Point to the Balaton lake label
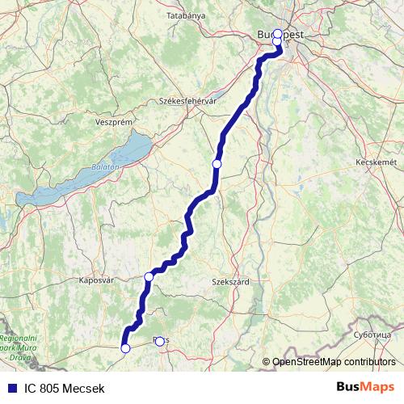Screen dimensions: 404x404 tap(105, 166)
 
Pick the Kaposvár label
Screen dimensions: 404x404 tap(94, 280)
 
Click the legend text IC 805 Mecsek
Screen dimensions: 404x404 tap(64, 389)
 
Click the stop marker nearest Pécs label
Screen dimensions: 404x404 tap(159, 341)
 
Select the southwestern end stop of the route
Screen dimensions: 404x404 tap(125, 348)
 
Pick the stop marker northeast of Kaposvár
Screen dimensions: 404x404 tap(149, 277)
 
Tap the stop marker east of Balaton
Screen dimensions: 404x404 tap(217, 164)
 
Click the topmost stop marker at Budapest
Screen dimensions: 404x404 tap(277, 34)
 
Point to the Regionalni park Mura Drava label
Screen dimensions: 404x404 tap(18, 346)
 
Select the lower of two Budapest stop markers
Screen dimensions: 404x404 tap(277, 42)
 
